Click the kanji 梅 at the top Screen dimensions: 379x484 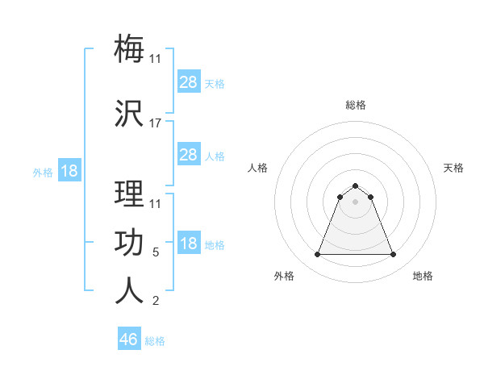coord(130,48)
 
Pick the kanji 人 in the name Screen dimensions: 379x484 coord(130,290)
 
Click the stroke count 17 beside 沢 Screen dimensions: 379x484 coord(156,123)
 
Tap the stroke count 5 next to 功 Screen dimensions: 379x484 coord(156,252)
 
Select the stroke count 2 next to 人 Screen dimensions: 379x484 coord(156,302)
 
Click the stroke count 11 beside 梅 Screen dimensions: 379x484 coord(156,58)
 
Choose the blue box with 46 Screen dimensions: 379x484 coord(129,339)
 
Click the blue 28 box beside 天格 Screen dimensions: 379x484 coord(188,81)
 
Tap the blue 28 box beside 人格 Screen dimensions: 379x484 coord(188,155)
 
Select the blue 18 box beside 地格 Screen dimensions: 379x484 coord(188,244)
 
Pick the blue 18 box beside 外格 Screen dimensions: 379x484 coord(69,171)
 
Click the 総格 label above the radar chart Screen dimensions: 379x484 coord(356,105)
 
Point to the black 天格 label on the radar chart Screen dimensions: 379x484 coord(453,168)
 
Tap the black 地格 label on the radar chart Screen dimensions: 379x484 coord(423,276)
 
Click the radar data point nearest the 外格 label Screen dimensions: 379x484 coord(317,255)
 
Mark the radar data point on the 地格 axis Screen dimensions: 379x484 coord(394,255)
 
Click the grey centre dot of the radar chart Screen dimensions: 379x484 coord(356,202)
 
